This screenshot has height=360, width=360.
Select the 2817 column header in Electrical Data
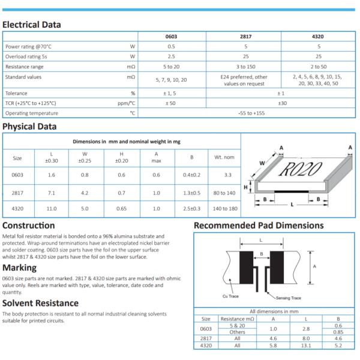pos(245,37)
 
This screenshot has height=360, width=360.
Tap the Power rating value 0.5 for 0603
pos(171,46)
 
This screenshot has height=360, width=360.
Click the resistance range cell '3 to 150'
pos(245,66)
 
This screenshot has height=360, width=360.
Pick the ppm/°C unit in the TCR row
pos(126,103)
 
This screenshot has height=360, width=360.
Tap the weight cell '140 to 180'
pos(224,208)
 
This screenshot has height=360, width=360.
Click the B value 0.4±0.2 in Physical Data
pos(191,175)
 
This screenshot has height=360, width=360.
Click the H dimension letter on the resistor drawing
pos(245,188)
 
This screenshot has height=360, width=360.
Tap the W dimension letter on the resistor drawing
pos(262,163)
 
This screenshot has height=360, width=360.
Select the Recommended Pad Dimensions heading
pos(258,226)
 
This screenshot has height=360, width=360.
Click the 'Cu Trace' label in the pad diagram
pos(232,297)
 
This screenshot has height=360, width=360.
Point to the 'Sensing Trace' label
pos(288,298)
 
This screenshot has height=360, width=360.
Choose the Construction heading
pos(29,226)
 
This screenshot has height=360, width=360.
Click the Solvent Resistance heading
pos(40,303)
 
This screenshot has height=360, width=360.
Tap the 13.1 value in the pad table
pos(306,346)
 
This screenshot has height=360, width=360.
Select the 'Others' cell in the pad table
pos(237,332)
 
